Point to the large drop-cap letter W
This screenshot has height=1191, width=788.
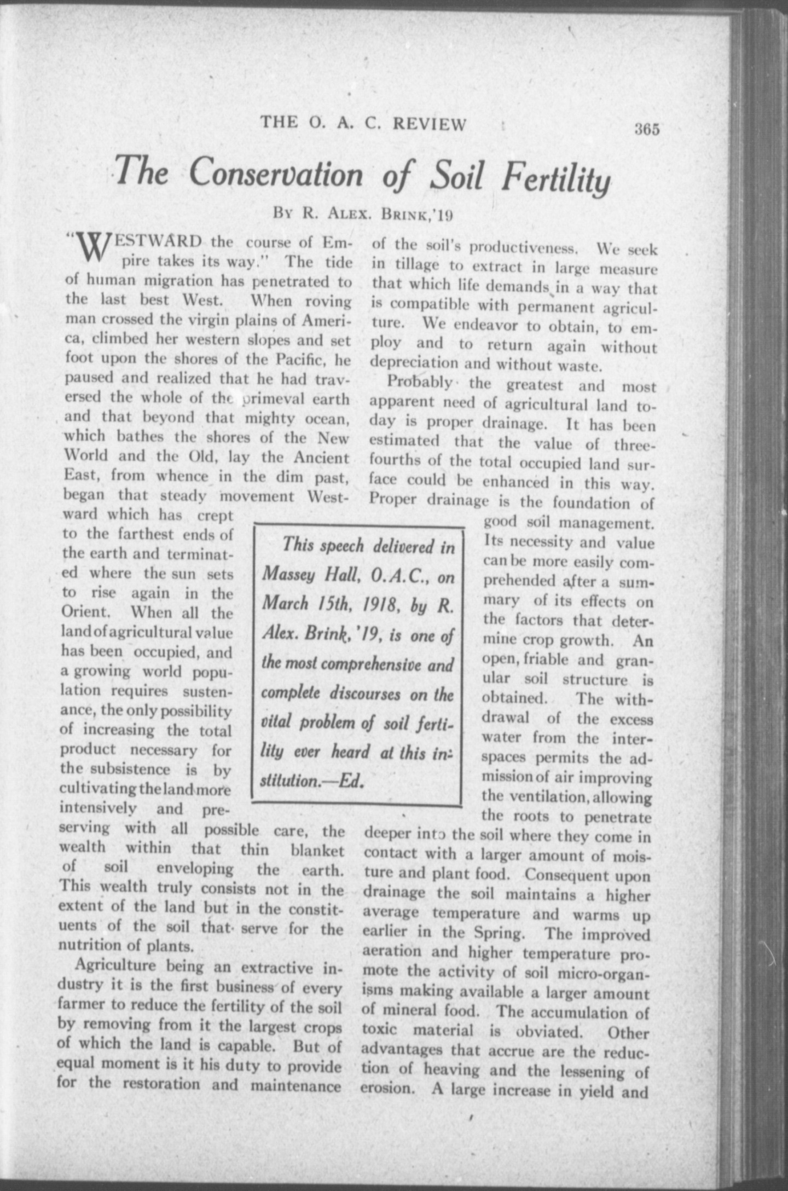click(91, 249)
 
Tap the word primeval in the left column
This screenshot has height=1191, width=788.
click(270, 399)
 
